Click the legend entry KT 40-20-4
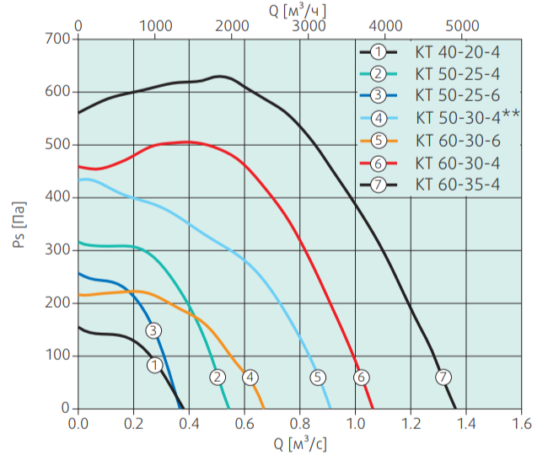[x=456, y=52]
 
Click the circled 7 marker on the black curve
[x=443, y=378]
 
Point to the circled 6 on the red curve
[x=361, y=378]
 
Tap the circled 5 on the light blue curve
[x=317, y=378]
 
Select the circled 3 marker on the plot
[x=153, y=330]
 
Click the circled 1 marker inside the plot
[x=154, y=365]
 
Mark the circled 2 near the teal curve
[x=218, y=378]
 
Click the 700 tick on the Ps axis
[x=59, y=39]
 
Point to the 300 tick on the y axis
[x=59, y=250]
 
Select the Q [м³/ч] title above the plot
[x=299, y=9]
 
